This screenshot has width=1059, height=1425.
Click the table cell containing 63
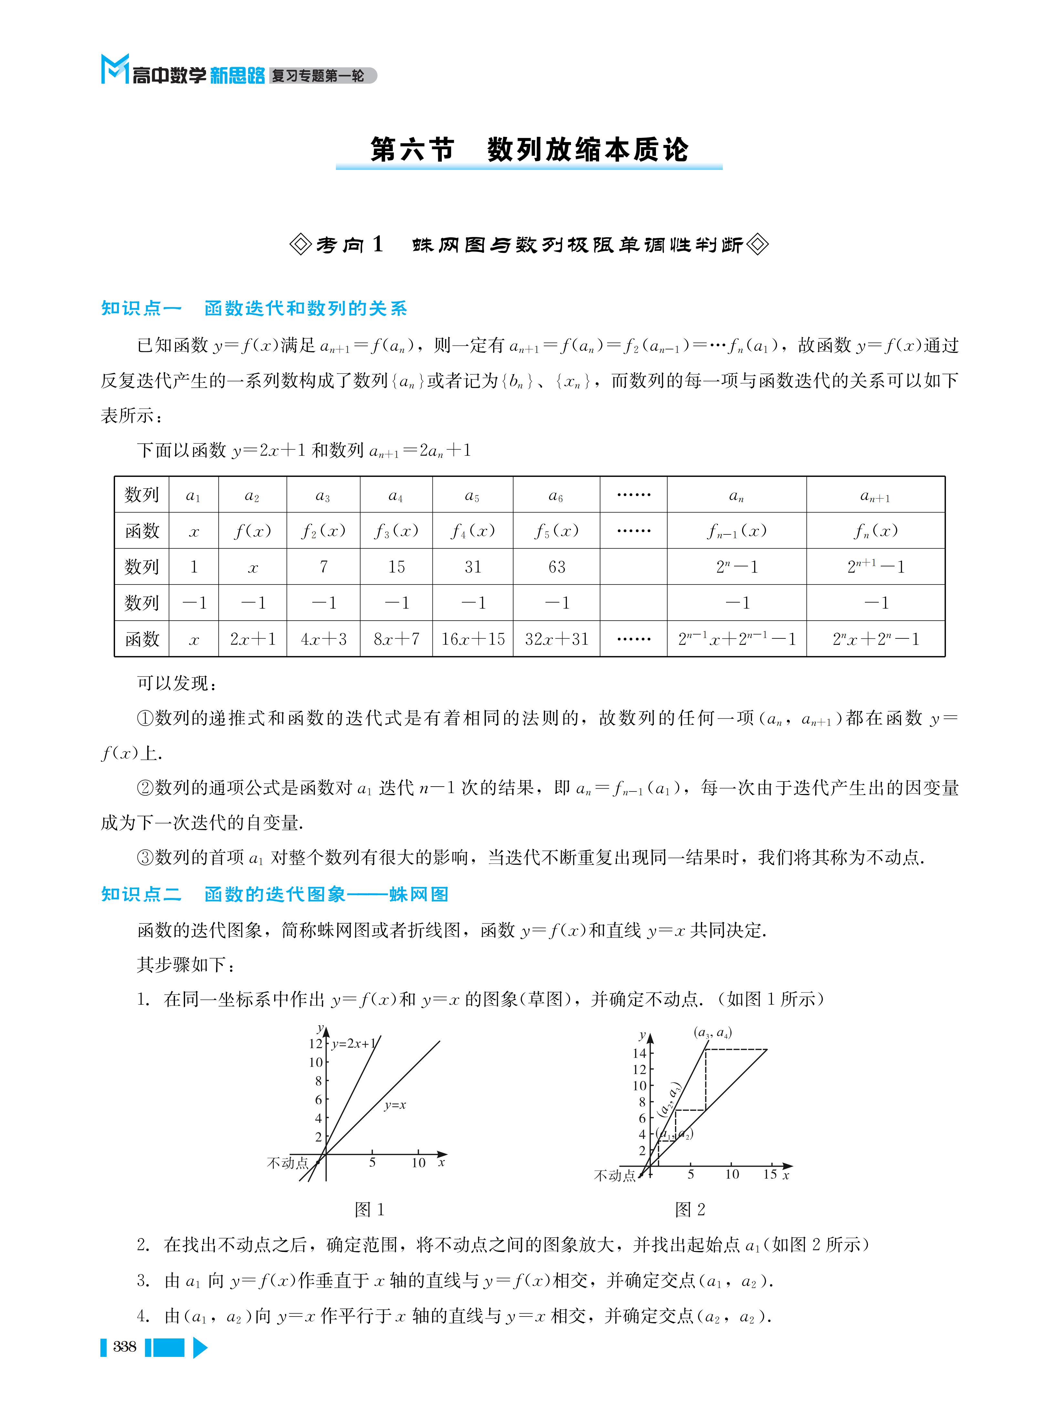556,567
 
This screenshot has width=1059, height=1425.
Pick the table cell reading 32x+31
556,639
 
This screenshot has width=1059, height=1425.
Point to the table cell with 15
396,567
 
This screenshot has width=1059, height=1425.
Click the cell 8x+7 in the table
396,639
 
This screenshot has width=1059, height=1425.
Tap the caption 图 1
369,1210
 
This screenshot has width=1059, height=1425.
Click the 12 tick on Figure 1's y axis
316,1044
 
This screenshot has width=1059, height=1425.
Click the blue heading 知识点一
141,308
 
